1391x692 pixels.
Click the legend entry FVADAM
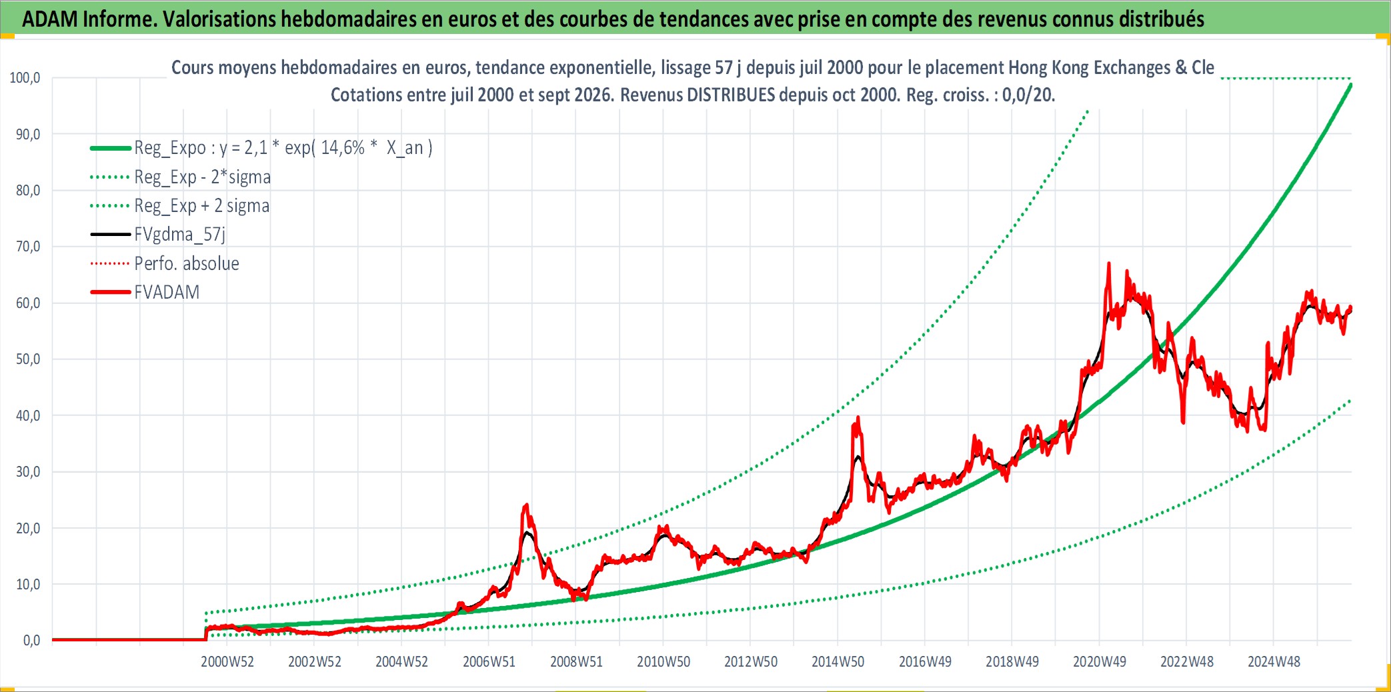167,292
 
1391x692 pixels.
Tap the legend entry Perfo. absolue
187,263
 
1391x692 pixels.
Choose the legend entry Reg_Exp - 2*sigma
203,177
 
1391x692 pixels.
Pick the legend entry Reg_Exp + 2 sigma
202,205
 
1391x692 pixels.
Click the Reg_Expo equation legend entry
283,147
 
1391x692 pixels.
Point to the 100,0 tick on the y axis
25,77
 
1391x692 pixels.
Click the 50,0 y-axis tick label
28,359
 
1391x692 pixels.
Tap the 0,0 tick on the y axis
31,640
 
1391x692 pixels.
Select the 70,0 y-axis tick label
28,246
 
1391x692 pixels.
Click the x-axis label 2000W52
227,661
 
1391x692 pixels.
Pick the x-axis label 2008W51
576,661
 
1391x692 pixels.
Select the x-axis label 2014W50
838,661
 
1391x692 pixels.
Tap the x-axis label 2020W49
1099,661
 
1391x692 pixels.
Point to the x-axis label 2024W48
1274,661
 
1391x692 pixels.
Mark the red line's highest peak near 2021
1109,263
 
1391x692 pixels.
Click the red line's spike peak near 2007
527,505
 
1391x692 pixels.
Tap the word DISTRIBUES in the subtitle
731,95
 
